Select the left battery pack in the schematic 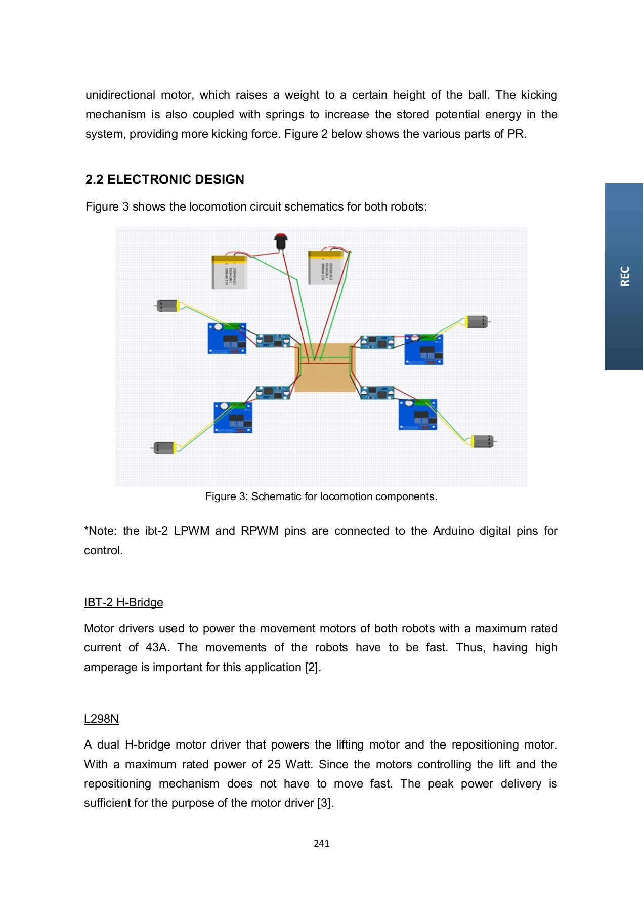coord(230,272)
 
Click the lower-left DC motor coord(164,448)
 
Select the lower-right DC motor coord(482,441)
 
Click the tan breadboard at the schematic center coord(325,367)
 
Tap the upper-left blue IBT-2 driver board coord(227,339)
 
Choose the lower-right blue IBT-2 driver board coord(418,414)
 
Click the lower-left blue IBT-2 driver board coord(233,418)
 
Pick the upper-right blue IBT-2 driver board coord(424,349)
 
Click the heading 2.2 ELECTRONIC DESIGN coord(165,179)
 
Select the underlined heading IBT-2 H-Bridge coord(123,602)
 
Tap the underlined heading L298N coord(101,719)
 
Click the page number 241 coord(322,843)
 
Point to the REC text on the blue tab coord(625,276)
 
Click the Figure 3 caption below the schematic coord(321,496)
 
